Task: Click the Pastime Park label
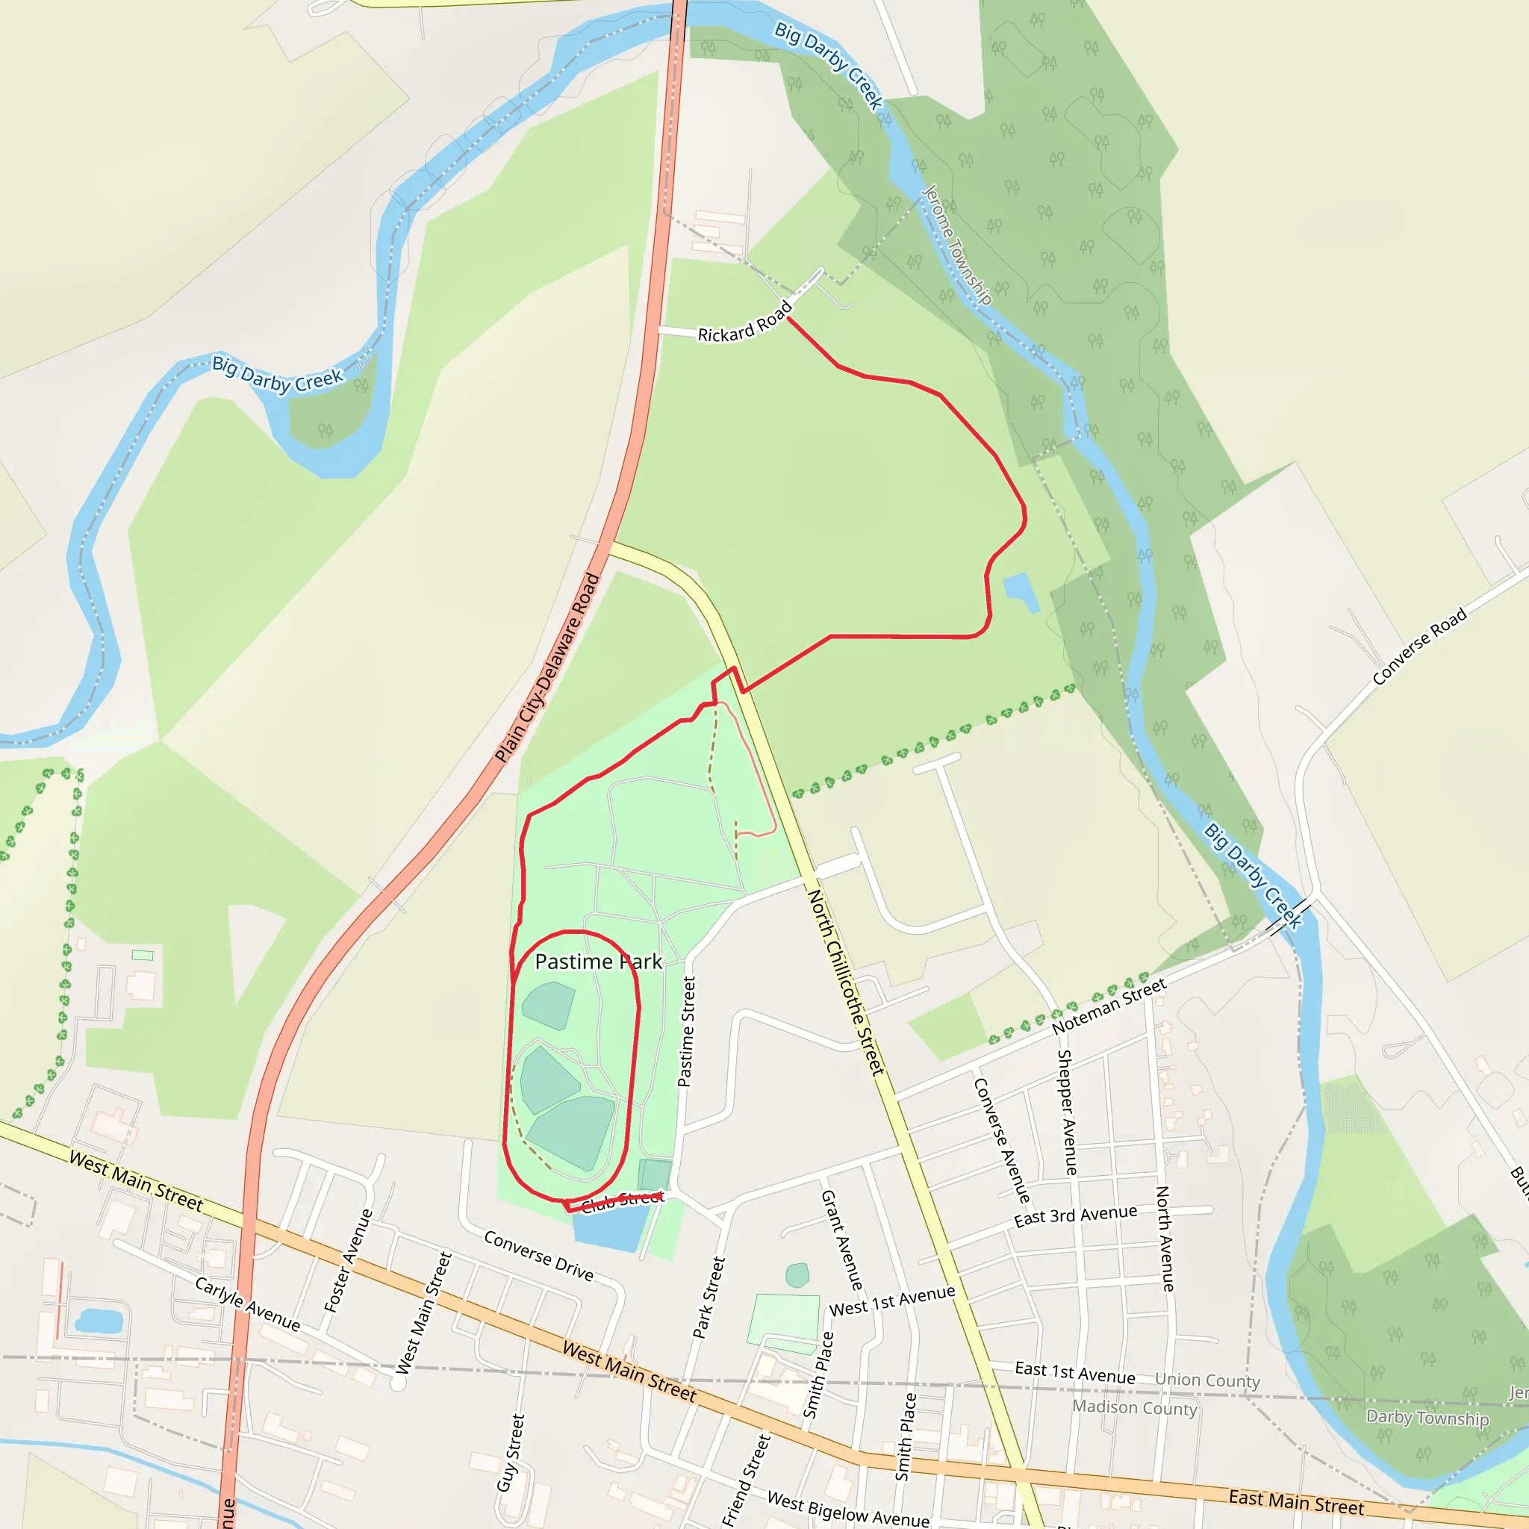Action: (598, 962)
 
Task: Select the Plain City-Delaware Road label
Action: (546, 668)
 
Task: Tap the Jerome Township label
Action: (957, 245)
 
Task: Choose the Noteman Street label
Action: (1109, 1006)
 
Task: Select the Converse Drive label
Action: (538, 1255)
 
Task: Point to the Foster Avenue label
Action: (348, 1261)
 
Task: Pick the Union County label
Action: (1207, 1380)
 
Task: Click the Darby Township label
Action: (1427, 1418)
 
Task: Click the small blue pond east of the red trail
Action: (1021, 592)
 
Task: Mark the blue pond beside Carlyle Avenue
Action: (99, 1321)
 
